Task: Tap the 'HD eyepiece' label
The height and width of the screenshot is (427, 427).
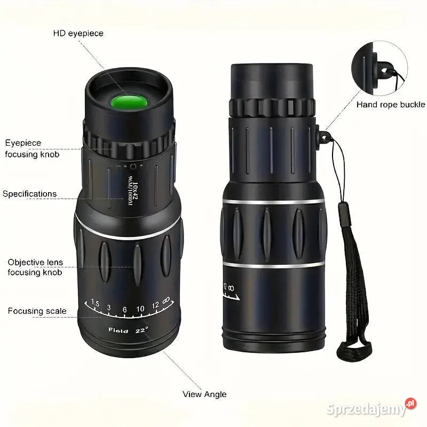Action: pyautogui.click(x=78, y=34)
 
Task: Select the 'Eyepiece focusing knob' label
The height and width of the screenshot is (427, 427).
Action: pyautogui.click(x=33, y=149)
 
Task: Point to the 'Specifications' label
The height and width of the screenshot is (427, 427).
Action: pyautogui.click(x=30, y=194)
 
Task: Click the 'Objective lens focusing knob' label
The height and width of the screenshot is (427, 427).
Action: pyautogui.click(x=35, y=267)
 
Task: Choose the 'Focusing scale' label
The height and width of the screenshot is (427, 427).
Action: pyautogui.click(x=37, y=311)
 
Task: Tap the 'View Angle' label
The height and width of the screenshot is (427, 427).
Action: pyautogui.click(x=204, y=394)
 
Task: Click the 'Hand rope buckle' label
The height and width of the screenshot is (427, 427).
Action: pyautogui.click(x=391, y=105)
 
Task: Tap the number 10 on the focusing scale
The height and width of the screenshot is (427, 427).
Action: pyautogui.click(x=140, y=309)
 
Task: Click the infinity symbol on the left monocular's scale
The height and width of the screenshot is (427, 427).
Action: pyautogui.click(x=167, y=301)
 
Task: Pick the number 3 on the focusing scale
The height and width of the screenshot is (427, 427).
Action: pyautogui.click(x=109, y=307)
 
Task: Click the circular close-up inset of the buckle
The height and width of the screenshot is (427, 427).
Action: pyautogui.click(x=379, y=70)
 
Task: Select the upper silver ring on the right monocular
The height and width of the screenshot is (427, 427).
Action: pyautogui.click(x=274, y=201)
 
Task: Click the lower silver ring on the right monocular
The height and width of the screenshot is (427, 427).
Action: pyautogui.click(x=274, y=264)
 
